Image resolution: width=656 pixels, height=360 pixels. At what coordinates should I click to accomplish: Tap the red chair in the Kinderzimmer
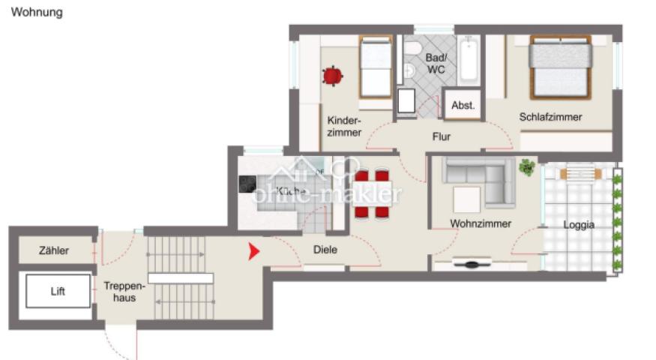pyautogui.click(x=332, y=75)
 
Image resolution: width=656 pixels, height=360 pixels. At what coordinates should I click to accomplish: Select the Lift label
pyautogui.click(x=58, y=291)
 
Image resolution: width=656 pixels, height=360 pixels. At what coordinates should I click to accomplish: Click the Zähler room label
pyautogui.click(x=54, y=250)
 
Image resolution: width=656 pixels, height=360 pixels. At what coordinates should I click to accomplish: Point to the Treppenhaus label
pyautogui.click(x=119, y=291)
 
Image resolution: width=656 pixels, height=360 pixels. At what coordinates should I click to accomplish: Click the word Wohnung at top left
pyautogui.click(x=37, y=13)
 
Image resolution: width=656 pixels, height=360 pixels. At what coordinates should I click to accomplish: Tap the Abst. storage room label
pyautogui.click(x=463, y=106)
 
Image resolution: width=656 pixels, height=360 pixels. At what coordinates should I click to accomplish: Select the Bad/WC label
pyautogui.click(x=436, y=64)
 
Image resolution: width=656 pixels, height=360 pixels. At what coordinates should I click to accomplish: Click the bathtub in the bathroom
pyautogui.click(x=469, y=61)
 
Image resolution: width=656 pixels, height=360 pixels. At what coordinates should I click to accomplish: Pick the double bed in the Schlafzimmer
pyautogui.click(x=561, y=67)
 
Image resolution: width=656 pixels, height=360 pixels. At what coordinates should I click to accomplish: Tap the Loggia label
pyautogui.click(x=579, y=224)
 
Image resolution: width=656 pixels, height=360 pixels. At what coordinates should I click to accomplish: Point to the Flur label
pyautogui.click(x=442, y=136)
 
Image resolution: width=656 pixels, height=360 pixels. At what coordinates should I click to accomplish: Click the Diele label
pyautogui.click(x=325, y=250)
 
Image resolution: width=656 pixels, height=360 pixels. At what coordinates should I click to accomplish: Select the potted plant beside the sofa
pyautogui.click(x=527, y=166)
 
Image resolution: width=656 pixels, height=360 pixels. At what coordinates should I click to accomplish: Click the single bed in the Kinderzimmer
pyautogui.click(x=375, y=67)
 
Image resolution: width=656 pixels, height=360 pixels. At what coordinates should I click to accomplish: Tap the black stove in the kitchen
pyautogui.click(x=247, y=184)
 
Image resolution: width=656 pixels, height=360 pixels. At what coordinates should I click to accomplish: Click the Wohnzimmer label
pyautogui.click(x=481, y=223)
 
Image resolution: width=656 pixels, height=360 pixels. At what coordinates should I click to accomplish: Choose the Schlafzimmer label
pyautogui.click(x=550, y=117)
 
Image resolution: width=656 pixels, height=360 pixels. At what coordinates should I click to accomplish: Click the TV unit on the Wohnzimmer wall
pyautogui.click(x=472, y=264)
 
